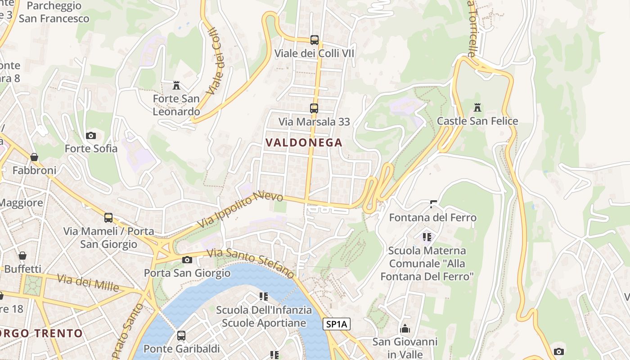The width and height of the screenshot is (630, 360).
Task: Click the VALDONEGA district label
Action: click(304, 143)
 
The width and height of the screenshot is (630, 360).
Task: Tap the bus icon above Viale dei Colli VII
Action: click(314, 40)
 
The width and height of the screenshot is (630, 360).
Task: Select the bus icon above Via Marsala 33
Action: click(314, 108)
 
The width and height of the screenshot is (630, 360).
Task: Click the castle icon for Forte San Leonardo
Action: click(176, 85)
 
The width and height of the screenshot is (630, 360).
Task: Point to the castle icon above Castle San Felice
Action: click(477, 108)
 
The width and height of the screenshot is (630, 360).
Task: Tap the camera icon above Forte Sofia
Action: click(91, 135)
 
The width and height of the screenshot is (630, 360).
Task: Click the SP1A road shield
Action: click(336, 324)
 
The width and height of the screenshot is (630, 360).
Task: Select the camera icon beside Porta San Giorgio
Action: click(187, 260)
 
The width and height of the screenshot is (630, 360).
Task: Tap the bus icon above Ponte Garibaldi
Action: click(181, 335)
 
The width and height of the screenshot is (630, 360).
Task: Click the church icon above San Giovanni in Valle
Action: click(405, 328)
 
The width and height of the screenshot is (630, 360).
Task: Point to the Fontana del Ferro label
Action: click(432, 218)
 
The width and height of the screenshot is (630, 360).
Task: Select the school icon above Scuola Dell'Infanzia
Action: click(264, 297)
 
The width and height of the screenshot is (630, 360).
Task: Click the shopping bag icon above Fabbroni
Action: click(34, 157)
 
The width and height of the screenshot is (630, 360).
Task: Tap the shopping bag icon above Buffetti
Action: click(22, 256)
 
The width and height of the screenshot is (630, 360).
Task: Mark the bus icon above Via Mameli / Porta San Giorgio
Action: click(108, 218)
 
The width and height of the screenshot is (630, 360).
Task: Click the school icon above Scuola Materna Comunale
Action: click(427, 237)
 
